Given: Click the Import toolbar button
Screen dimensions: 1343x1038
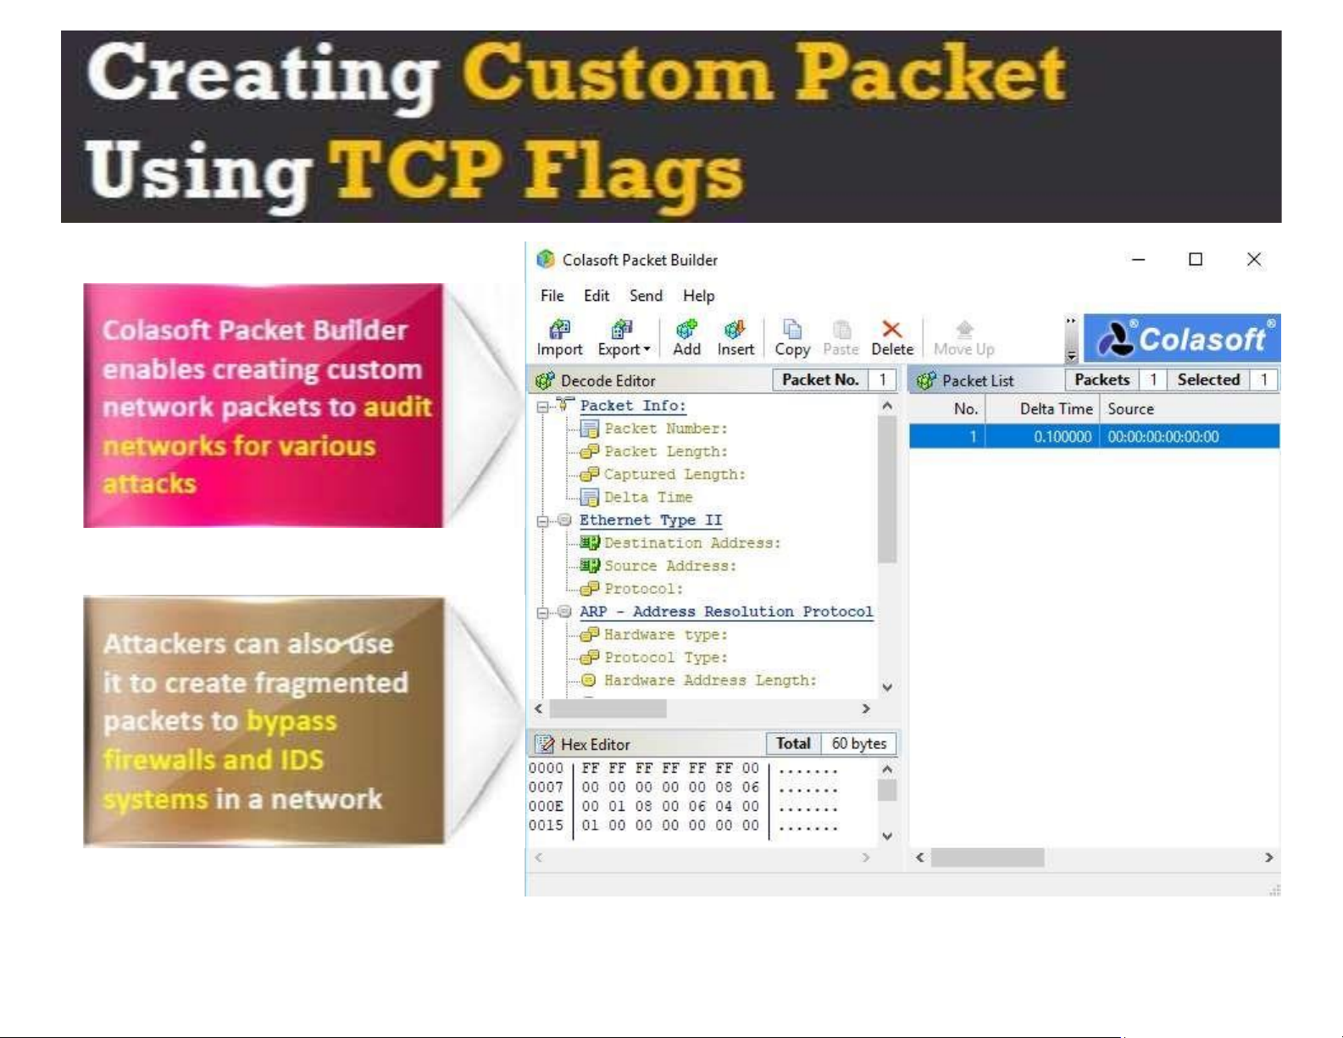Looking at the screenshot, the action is (x=559, y=338).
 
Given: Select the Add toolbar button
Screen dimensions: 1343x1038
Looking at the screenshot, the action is (x=686, y=338).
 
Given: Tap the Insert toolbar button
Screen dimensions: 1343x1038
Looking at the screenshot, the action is (x=735, y=338).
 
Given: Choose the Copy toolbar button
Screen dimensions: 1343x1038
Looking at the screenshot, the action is (x=792, y=338).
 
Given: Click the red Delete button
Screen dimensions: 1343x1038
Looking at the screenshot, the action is (x=892, y=338).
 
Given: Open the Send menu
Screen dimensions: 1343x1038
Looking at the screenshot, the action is (x=646, y=296).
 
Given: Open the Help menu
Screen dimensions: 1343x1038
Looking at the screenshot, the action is (x=698, y=296).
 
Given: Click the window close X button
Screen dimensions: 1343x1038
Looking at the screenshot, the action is (x=1254, y=259).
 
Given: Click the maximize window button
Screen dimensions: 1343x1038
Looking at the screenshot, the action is (x=1196, y=259).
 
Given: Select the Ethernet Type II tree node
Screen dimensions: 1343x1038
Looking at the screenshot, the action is (x=650, y=520).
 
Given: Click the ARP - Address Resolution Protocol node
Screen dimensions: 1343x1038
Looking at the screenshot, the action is (x=726, y=612).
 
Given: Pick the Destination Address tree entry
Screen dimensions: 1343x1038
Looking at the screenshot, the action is (x=692, y=543).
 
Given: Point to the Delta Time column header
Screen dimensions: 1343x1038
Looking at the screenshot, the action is (x=1057, y=409).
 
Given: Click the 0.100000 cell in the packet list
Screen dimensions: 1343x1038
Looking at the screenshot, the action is (x=1063, y=437).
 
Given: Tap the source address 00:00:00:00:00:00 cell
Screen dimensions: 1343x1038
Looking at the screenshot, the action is (x=1163, y=437).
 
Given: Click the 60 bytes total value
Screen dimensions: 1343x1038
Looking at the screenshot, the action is (x=859, y=743).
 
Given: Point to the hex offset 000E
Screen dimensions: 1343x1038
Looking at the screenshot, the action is (x=546, y=807).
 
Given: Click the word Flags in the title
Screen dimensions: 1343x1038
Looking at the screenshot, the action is (x=633, y=173).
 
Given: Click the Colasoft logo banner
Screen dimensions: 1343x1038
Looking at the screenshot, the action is (x=1182, y=338).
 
